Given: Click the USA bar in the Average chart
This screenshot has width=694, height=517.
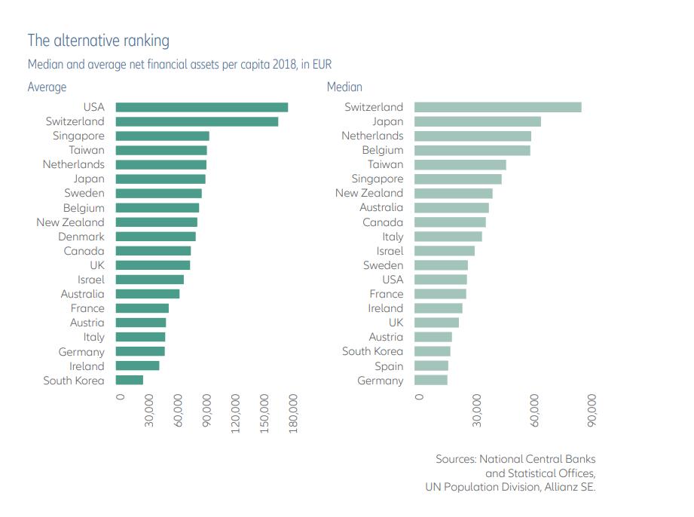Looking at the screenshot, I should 201,107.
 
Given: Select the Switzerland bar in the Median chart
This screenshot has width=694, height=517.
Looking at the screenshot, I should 497,107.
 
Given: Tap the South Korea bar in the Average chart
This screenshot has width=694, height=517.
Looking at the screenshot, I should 129,380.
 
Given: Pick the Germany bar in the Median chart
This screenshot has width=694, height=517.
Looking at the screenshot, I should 431,380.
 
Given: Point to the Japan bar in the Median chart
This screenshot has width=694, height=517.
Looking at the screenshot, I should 477,121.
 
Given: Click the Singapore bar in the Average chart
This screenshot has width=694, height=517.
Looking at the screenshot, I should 162,136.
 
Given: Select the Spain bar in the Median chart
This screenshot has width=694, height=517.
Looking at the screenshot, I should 431,366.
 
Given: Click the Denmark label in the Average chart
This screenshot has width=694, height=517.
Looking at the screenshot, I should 81,237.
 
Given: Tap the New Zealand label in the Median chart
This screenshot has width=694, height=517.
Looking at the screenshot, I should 369,193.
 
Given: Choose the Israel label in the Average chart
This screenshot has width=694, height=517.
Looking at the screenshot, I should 90,280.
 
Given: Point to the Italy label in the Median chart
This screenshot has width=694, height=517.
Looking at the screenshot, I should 393,237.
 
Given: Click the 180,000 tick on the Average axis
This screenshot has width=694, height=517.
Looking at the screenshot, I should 294,412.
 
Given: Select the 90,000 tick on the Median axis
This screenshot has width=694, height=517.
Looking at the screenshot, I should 592,408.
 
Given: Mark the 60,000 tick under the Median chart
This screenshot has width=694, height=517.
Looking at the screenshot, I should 535,408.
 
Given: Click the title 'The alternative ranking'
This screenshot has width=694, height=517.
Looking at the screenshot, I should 99,40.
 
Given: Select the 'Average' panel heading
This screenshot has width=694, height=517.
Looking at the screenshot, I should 47,87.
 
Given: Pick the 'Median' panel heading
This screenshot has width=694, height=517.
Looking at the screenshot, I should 344,87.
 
